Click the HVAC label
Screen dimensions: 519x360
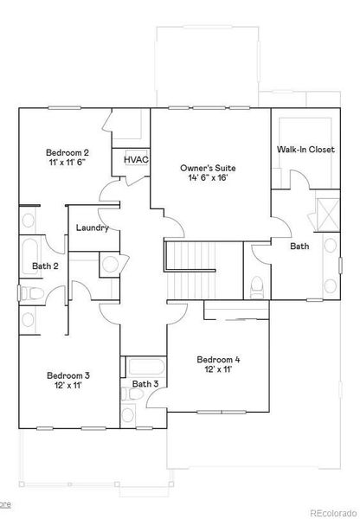pyautogui.click(x=136, y=160)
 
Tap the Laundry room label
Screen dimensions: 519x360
pyautogui.click(x=92, y=228)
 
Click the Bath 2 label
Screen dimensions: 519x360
pyautogui.click(x=45, y=266)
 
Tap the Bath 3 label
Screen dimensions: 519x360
pyautogui.click(x=145, y=383)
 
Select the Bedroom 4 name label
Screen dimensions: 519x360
pyautogui.click(x=218, y=360)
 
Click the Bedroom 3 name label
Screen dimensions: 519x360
pyautogui.click(x=68, y=375)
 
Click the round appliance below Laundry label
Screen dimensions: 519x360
pyautogui.click(x=110, y=264)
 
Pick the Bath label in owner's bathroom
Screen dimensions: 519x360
pyautogui.click(x=299, y=247)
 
